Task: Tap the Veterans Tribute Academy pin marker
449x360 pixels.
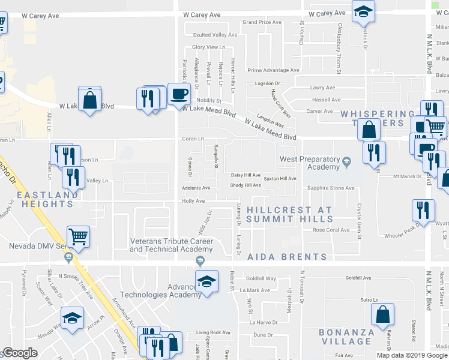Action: pos(200,260)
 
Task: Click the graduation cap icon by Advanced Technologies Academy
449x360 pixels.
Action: pos(206,281)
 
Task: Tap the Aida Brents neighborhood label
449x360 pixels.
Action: pos(288,257)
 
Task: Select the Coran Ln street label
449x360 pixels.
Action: pos(193,139)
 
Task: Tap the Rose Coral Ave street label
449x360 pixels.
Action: pos(331,230)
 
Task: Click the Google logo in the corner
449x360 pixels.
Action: pos(20,353)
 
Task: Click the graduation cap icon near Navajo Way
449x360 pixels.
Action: pos(73,317)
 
